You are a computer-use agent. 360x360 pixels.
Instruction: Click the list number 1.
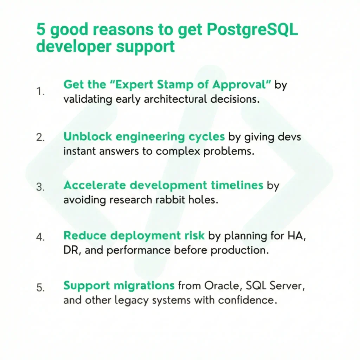(x=40, y=91)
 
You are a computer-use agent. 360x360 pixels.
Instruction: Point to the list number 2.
(x=40, y=137)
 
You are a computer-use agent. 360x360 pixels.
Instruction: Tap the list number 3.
(x=40, y=187)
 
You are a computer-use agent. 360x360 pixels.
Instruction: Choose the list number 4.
(x=40, y=237)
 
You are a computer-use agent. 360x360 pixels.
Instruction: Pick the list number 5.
(x=40, y=288)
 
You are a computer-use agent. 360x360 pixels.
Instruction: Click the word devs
(x=290, y=137)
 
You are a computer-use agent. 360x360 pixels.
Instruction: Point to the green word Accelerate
(x=95, y=185)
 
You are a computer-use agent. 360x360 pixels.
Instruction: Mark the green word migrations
(x=144, y=286)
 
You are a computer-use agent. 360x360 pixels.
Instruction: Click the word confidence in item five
(x=247, y=300)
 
